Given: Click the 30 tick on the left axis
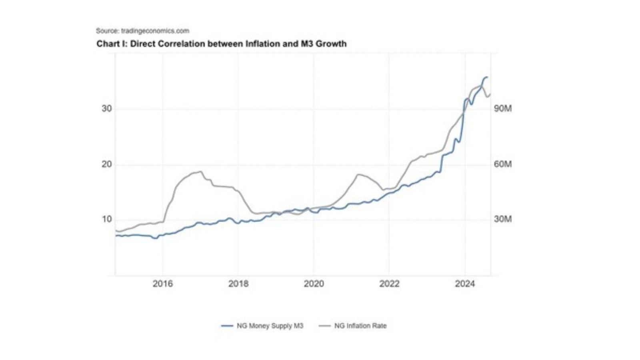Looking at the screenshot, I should point(106,108).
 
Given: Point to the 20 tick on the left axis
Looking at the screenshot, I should point(106,164).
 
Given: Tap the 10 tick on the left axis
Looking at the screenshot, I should point(106,219).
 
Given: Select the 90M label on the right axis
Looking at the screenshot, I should point(502,108).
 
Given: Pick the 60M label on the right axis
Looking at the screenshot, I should point(502,164).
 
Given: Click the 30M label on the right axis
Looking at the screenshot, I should point(502,219).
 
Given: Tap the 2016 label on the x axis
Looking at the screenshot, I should point(162,284).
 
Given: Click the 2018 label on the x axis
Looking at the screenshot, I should point(238,284).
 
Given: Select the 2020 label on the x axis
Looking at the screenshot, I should point(314,284).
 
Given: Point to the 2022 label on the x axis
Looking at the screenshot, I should point(389,284).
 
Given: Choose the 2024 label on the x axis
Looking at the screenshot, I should point(465,284).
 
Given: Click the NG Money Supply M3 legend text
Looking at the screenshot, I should point(270,326).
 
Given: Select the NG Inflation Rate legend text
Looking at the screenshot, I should point(360,326).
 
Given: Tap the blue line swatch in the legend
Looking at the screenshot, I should point(227,326).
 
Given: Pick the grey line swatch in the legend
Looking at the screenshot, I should point(325,326).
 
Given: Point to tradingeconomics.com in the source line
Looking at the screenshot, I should point(155,31).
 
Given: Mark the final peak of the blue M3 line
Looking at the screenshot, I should point(486,77).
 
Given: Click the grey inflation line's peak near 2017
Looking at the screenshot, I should point(200,172).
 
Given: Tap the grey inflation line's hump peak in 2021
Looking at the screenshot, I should point(358,174).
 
